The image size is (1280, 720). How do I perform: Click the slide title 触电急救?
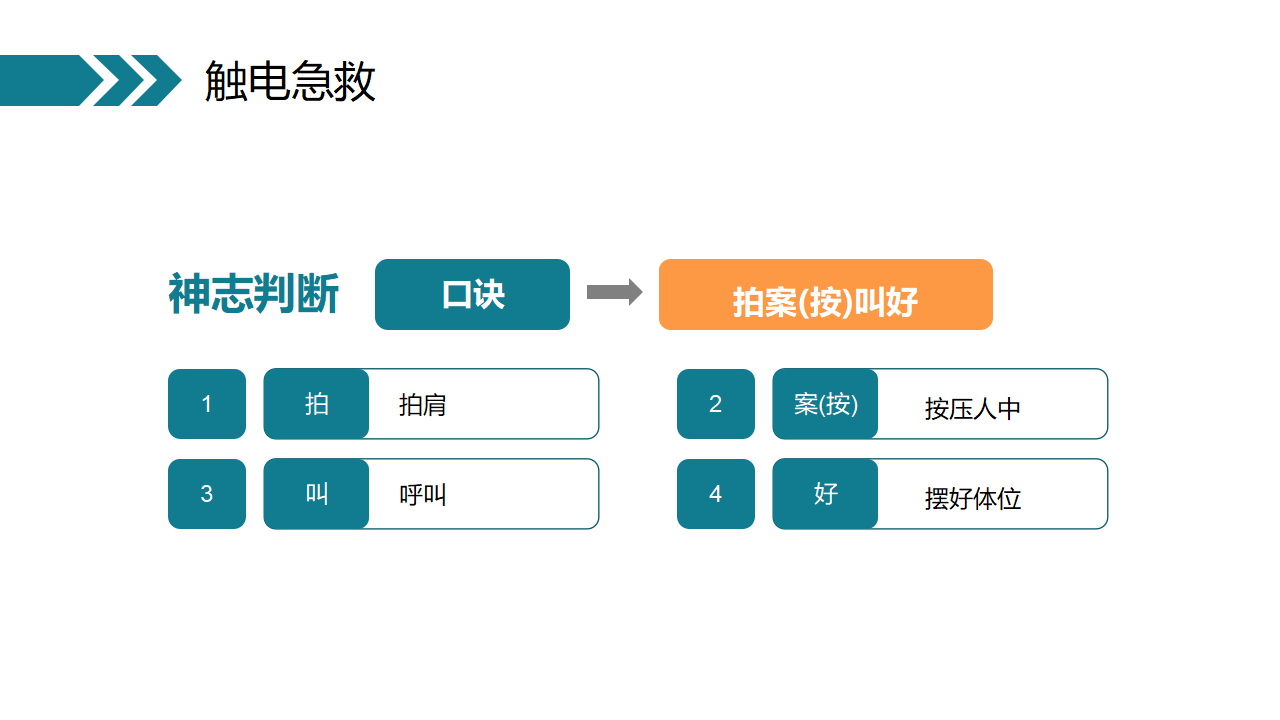click(290, 81)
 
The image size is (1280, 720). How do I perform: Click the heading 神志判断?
click(254, 294)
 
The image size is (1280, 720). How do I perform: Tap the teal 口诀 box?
click(472, 294)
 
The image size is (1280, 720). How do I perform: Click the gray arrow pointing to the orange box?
click(615, 292)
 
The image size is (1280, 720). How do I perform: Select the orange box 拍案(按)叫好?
click(826, 294)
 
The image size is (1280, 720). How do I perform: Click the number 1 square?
click(207, 404)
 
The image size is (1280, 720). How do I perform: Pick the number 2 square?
click(715, 404)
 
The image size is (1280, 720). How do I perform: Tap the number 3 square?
click(207, 494)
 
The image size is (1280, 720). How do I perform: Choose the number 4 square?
click(715, 494)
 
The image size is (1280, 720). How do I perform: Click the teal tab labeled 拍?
click(316, 404)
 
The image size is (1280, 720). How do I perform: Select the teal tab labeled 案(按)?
click(825, 404)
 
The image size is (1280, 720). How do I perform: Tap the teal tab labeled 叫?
click(316, 494)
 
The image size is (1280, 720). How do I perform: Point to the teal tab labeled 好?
click(825, 494)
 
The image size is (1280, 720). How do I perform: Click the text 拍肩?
click(422, 405)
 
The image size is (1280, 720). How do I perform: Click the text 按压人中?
click(973, 409)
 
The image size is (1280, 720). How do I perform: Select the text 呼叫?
click(422, 495)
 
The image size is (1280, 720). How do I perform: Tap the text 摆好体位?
click(973, 499)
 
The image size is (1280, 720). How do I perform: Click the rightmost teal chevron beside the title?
click(157, 81)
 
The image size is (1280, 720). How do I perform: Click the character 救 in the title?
click(354, 81)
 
